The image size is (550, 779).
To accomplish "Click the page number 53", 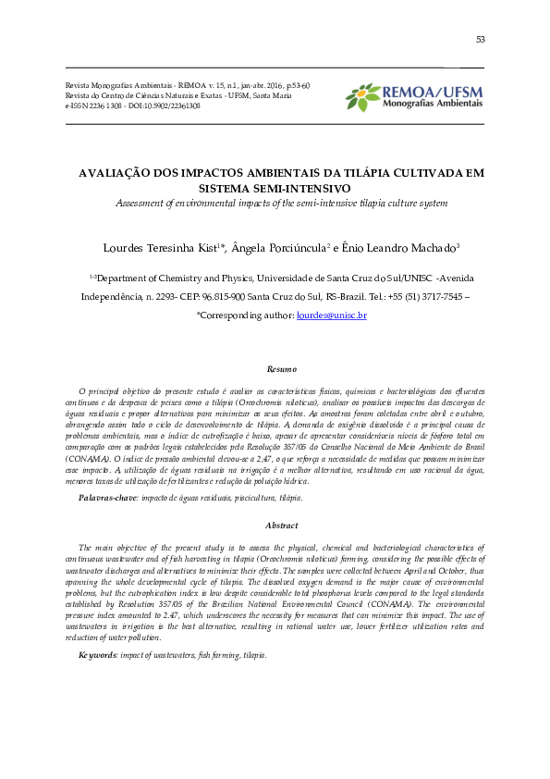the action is pyautogui.click(x=480, y=40).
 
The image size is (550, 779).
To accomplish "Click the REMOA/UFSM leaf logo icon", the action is pyautogui.click(x=362, y=95).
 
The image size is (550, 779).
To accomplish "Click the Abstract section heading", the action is pyautogui.click(x=281, y=525).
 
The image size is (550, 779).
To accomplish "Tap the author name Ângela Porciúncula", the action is pyautogui.click(x=274, y=247).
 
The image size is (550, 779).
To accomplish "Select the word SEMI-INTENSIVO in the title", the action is pyautogui.click(x=281, y=187).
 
